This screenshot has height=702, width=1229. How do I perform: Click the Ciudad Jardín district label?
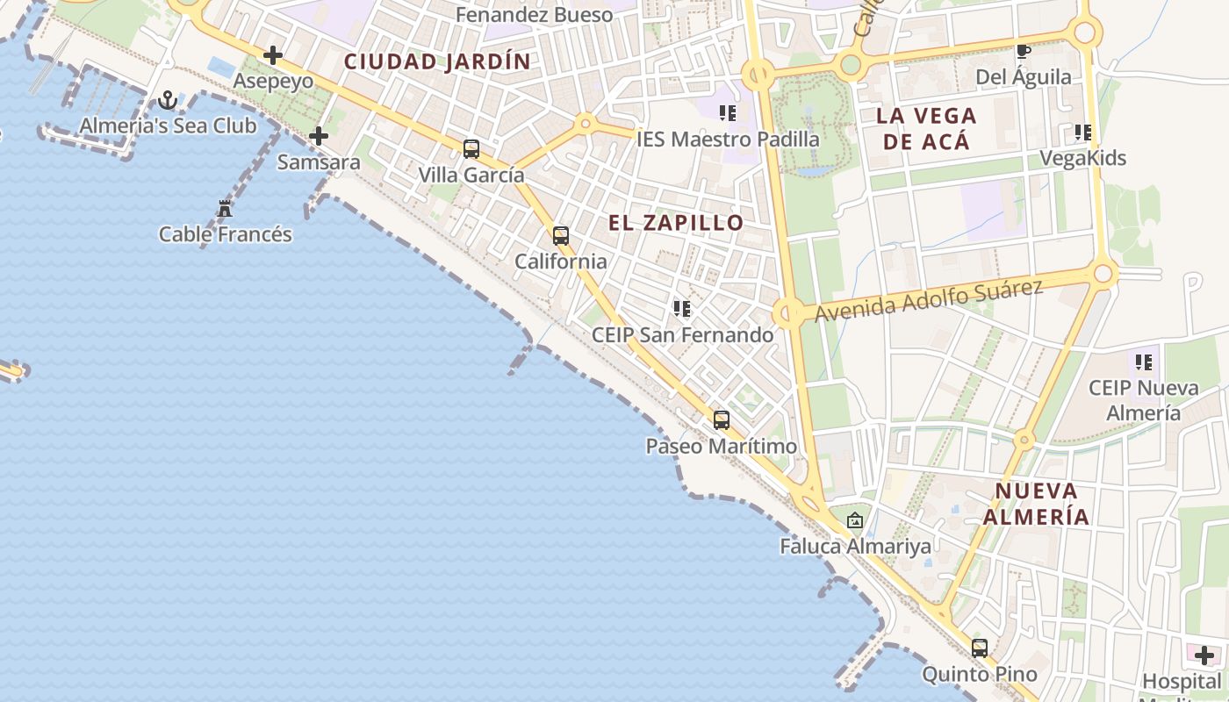(x=437, y=61)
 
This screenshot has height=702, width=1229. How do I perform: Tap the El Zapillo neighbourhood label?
(x=676, y=223)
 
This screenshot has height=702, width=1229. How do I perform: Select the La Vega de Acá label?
(x=926, y=128)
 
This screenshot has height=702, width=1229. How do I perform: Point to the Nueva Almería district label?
(x=1036, y=504)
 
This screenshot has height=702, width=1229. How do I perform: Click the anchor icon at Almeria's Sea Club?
(x=168, y=101)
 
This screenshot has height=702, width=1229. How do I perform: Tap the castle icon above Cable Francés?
(x=225, y=209)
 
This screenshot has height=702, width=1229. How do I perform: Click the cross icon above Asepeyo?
(x=273, y=55)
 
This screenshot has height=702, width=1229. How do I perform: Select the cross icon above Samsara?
(x=319, y=136)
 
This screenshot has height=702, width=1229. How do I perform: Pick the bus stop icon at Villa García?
(x=471, y=149)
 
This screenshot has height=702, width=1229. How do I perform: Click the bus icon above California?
(x=561, y=235)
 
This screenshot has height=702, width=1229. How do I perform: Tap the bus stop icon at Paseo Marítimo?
(x=722, y=419)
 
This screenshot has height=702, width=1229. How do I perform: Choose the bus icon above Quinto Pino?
(x=980, y=648)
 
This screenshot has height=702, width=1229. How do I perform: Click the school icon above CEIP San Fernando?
(x=682, y=309)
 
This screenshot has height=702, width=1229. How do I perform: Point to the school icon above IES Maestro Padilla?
(x=728, y=113)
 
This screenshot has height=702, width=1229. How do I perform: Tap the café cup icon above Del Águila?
(x=1024, y=51)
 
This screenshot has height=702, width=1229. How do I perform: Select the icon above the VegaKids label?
(x=1083, y=133)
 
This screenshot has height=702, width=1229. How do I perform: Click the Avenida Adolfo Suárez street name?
(x=928, y=300)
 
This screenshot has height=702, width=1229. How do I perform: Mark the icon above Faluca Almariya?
(x=855, y=520)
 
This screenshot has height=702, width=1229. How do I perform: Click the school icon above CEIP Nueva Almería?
(x=1144, y=362)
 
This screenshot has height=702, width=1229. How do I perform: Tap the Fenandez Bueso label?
(x=535, y=15)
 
